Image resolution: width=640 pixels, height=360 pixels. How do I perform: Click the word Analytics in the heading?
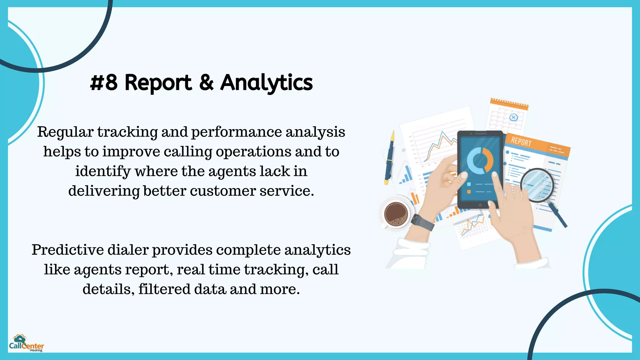point(266,83)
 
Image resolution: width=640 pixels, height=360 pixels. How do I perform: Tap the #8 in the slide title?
point(104,83)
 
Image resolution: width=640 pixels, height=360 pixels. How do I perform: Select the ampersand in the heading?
point(206,83)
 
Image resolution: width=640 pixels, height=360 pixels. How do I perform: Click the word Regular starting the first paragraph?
point(65,132)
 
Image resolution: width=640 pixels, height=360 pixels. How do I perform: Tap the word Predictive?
point(68,250)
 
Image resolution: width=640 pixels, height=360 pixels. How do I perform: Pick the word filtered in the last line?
point(164,289)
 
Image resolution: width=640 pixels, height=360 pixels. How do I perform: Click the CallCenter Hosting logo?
point(26,343)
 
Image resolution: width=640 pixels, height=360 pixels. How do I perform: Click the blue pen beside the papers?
point(389,158)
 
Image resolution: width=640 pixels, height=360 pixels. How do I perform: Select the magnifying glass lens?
point(537,184)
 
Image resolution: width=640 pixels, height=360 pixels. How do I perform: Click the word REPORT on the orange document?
point(521,142)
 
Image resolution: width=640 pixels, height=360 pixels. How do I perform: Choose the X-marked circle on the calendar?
point(513,117)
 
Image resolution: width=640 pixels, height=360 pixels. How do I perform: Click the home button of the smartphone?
point(480,205)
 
